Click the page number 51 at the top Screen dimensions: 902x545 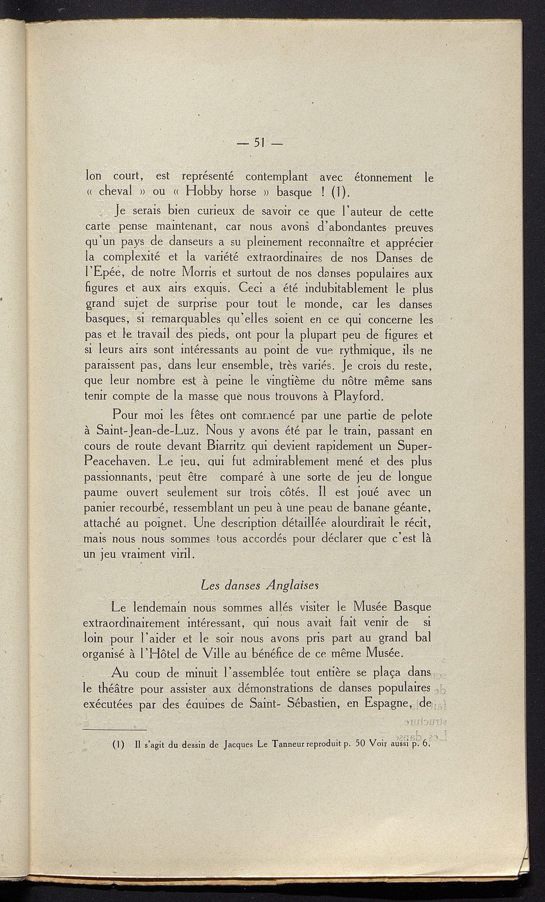pos(259,142)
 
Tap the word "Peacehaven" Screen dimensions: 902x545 pos(118,460)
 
